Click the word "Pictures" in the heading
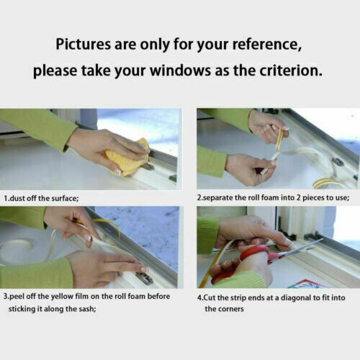(84, 44)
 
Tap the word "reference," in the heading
(267, 45)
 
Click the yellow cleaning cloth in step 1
(127, 158)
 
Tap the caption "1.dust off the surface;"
(41, 198)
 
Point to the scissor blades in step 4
(301, 248)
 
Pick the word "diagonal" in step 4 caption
(296, 298)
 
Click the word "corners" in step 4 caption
(230, 309)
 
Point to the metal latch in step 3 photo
(144, 278)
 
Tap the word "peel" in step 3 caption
(17, 297)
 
